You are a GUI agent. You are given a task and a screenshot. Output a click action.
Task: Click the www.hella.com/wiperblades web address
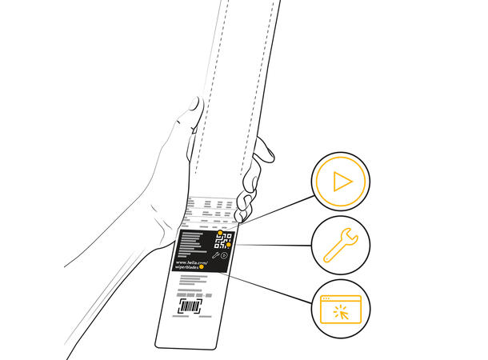[x=191, y=266]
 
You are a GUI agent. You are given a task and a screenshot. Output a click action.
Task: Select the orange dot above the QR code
[x=220, y=232]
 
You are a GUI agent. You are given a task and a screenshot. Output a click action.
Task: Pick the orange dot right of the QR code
[x=229, y=245]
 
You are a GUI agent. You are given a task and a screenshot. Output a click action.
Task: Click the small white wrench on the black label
[x=216, y=256]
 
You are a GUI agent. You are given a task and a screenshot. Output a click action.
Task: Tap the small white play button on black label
[x=224, y=256]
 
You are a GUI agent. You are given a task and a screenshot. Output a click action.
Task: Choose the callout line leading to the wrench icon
[x=272, y=245]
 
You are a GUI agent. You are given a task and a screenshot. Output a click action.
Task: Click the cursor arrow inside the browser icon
[x=345, y=315]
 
